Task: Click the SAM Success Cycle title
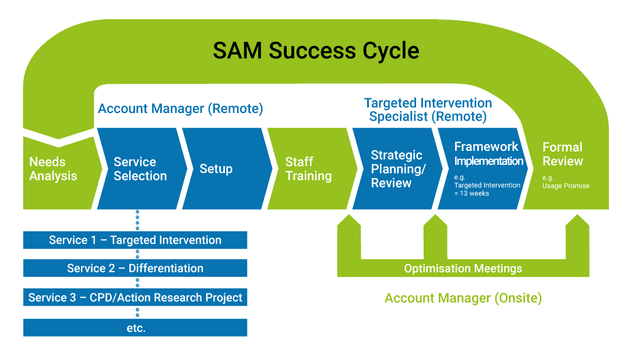[x=316, y=51]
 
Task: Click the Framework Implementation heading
[x=488, y=154]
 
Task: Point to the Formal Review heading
[x=562, y=154]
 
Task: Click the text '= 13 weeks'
[x=471, y=193]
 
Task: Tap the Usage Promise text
[x=566, y=186]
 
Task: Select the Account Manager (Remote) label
[x=180, y=109]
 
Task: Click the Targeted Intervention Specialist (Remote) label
[x=428, y=110]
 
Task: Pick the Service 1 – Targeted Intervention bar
[x=135, y=240]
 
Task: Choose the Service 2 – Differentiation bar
[x=135, y=268]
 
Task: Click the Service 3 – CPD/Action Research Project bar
[x=135, y=297]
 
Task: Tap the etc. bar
[x=135, y=328]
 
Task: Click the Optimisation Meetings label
[x=463, y=269]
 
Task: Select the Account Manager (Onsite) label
[x=463, y=298]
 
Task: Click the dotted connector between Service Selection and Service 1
[x=138, y=220]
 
